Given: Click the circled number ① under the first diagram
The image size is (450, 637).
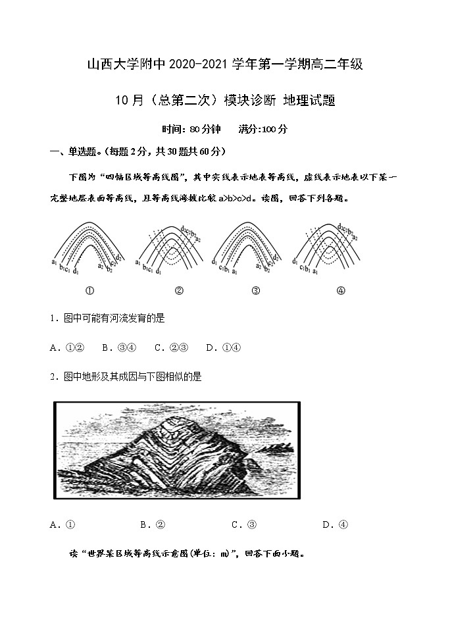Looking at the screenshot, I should [90, 290].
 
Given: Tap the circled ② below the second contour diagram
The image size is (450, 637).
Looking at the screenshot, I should [178, 290].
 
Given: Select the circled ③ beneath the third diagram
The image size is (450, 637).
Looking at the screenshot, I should [255, 290].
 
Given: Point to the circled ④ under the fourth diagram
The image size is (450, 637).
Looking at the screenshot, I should [341, 290].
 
